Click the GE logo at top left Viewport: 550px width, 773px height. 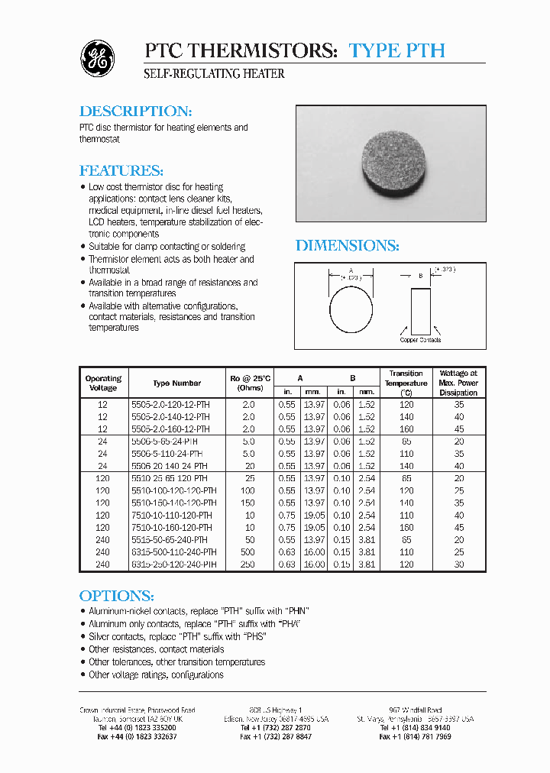[x=98, y=58]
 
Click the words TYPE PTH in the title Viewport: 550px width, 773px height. [x=396, y=51]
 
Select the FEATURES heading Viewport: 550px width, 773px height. [x=121, y=170]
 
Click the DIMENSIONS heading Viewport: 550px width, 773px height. [x=348, y=245]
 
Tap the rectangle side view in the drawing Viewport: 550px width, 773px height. [x=420, y=310]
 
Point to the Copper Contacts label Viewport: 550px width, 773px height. [x=420, y=340]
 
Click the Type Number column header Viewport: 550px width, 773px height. [x=177, y=383]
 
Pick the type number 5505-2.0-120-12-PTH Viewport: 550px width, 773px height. [x=171, y=405]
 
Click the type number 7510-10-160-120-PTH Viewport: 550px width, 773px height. [x=172, y=528]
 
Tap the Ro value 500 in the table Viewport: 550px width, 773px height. [x=248, y=552]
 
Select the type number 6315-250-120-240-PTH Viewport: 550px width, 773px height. [x=173, y=564]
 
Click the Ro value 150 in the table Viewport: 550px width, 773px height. [x=248, y=503]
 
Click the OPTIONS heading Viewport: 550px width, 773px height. [x=117, y=596]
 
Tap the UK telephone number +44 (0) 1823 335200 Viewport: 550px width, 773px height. [x=137, y=728]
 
